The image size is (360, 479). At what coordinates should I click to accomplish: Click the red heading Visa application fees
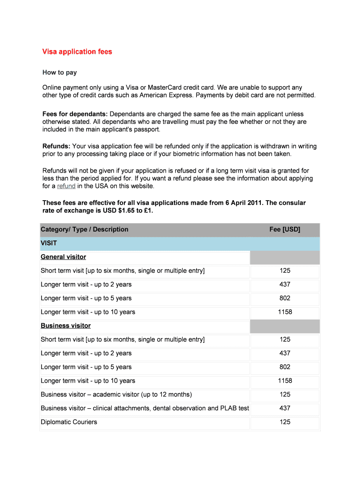click(x=77, y=51)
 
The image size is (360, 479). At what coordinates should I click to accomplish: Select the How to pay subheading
click(x=59, y=73)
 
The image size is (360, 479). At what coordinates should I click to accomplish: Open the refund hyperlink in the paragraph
click(x=66, y=186)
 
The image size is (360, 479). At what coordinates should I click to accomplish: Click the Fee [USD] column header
click(x=285, y=229)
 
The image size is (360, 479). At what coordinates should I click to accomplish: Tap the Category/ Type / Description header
click(x=84, y=229)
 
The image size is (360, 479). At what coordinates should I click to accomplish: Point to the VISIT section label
click(x=49, y=243)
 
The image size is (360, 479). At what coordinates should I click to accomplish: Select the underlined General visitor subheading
click(x=63, y=257)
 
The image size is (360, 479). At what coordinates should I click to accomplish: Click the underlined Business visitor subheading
click(x=65, y=326)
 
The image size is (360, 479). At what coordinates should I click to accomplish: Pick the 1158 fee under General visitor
click(x=285, y=312)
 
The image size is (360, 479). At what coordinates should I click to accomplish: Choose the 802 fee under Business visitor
click(x=285, y=367)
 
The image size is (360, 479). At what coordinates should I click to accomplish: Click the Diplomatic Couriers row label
click(x=69, y=422)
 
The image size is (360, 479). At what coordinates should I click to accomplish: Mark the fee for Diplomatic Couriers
click(x=285, y=422)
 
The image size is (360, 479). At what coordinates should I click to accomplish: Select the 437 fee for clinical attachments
click(x=285, y=408)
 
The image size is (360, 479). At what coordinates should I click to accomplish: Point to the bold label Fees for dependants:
click(x=75, y=114)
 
